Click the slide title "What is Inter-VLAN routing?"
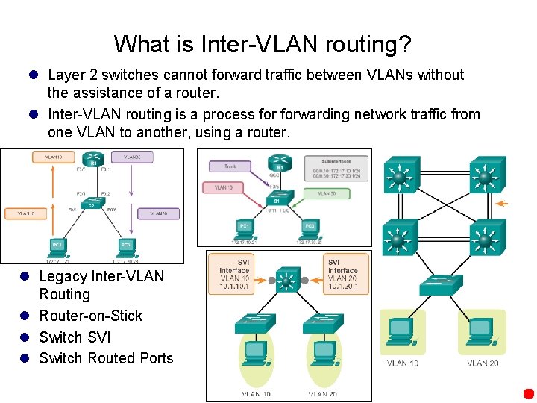click(263, 44)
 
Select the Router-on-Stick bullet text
click(90, 316)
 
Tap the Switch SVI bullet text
click(75, 337)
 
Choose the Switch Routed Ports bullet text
click(106, 358)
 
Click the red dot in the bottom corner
click(528, 393)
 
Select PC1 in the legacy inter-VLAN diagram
click(56, 245)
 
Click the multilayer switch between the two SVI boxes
click(287, 281)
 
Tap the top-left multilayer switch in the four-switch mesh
click(401, 177)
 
